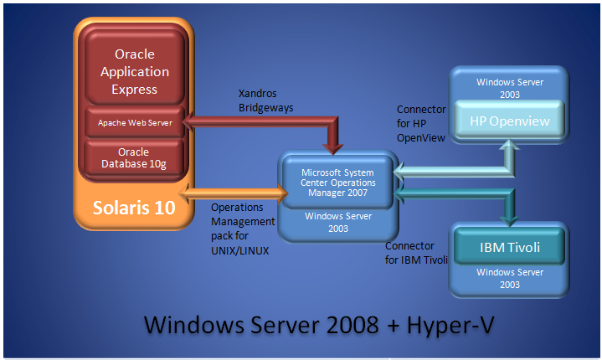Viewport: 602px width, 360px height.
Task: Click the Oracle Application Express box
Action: [135, 71]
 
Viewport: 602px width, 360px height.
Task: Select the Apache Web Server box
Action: [135, 122]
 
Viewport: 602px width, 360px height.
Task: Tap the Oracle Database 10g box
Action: [135, 157]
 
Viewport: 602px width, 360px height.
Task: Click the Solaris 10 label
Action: [134, 207]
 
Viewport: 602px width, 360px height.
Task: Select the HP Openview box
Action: [509, 121]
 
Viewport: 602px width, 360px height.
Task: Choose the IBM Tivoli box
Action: [509, 247]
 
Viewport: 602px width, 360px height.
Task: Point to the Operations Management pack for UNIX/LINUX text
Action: [242, 228]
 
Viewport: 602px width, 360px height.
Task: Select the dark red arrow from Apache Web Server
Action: [260, 124]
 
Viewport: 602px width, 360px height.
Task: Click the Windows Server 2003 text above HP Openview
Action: [509, 89]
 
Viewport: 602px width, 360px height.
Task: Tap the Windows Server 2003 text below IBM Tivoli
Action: [509, 279]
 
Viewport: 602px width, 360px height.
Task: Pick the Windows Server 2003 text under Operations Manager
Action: [337, 222]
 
